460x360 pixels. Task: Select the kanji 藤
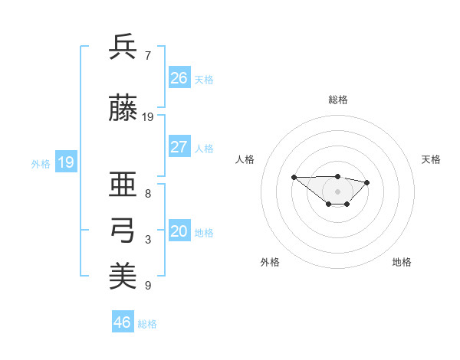tap(123, 109)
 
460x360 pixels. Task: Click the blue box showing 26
tap(179, 78)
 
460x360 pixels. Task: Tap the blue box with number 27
tap(179, 147)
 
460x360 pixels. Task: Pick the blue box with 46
tap(123, 322)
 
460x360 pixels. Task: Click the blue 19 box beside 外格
tap(65, 162)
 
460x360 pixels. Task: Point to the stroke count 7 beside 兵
tap(148, 55)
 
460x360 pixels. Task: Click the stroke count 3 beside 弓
tap(148, 241)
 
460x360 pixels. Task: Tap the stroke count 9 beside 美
tap(148, 286)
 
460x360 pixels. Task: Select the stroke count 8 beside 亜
tap(148, 194)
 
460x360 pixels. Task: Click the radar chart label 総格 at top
tap(338, 100)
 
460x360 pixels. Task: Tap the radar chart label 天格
tap(431, 159)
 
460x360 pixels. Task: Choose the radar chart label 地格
tap(402, 262)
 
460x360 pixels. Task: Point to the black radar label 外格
tap(270, 262)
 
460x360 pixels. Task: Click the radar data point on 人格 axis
tap(294, 177)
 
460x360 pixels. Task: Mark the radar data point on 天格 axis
tap(367, 182)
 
